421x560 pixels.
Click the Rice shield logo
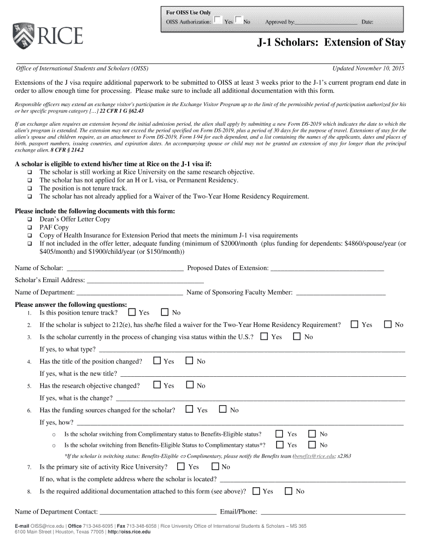22,35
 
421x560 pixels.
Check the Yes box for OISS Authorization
218,21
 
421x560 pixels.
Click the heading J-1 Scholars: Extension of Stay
332,43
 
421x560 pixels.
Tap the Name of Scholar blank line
124,268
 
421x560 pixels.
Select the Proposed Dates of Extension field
327,268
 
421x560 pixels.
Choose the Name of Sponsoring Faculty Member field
340,293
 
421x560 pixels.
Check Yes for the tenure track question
132,312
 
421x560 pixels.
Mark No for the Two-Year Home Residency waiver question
388,324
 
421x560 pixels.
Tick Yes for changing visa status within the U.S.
265,336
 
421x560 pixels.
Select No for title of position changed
190,361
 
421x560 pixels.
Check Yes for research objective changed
157,385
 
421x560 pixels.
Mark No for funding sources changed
223,409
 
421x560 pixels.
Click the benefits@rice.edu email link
314,456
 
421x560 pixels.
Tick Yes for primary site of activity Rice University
182,466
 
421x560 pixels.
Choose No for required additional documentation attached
289,491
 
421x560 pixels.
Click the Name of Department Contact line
158,512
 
